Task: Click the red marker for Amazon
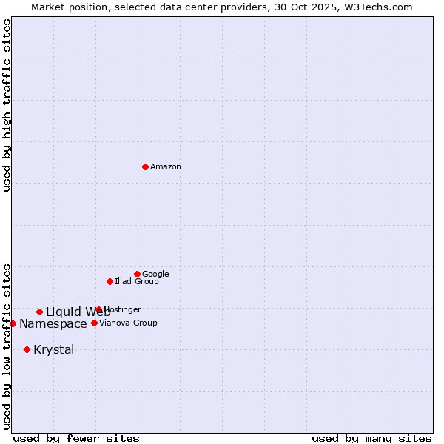click(145, 166)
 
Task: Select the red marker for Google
click(137, 274)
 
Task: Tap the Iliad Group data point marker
click(110, 281)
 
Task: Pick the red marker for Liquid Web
click(39, 312)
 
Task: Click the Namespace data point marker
click(13, 323)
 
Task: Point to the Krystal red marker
click(27, 349)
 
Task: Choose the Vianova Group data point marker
click(94, 323)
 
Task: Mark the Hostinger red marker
click(98, 309)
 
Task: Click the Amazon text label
click(166, 167)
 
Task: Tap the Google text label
click(155, 275)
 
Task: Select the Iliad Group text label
click(137, 282)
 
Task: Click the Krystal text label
click(54, 350)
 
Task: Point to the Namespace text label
click(53, 324)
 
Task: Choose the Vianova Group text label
click(128, 323)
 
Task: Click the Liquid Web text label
click(78, 312)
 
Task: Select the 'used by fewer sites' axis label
click(76, 439)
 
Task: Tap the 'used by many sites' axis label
click(371, 439)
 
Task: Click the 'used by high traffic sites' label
click(7, 105)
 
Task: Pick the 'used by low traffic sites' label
click(7, 346)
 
